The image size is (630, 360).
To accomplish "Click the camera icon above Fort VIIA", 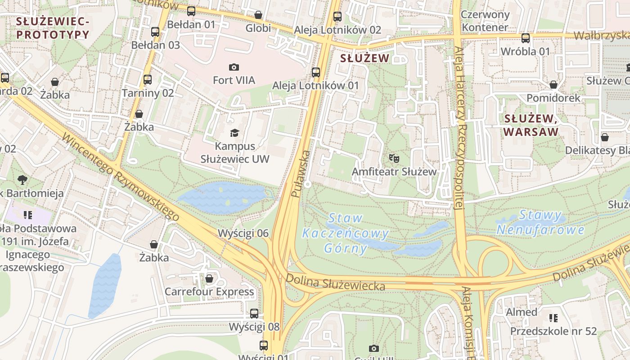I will pos(234,67).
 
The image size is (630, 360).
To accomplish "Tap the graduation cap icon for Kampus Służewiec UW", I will pos(234,133).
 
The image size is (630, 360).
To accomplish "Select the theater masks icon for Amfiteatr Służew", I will pos(394,158).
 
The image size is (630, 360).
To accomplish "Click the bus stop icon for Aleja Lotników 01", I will pos(316,72).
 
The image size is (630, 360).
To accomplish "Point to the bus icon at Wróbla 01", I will pos(525,38).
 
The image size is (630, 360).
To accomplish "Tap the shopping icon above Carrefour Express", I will pos(209,279).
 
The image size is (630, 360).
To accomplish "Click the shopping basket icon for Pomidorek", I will pos(553,85).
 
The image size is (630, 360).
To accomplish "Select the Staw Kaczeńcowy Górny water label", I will pos(346,233).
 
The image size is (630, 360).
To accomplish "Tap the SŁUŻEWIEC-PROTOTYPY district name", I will pos(53,27).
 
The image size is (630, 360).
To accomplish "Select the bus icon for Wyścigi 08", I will pos(254,313).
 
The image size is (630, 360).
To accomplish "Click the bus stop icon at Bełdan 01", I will pos(191,11).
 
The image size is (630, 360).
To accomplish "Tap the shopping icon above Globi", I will pos(258,15).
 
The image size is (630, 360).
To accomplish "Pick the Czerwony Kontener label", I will pos(485,21).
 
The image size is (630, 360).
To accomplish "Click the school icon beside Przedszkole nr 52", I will pos(553,318).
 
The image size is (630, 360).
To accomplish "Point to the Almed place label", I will pos(522,312).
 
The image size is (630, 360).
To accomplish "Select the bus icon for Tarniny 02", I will pos(148,80).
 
